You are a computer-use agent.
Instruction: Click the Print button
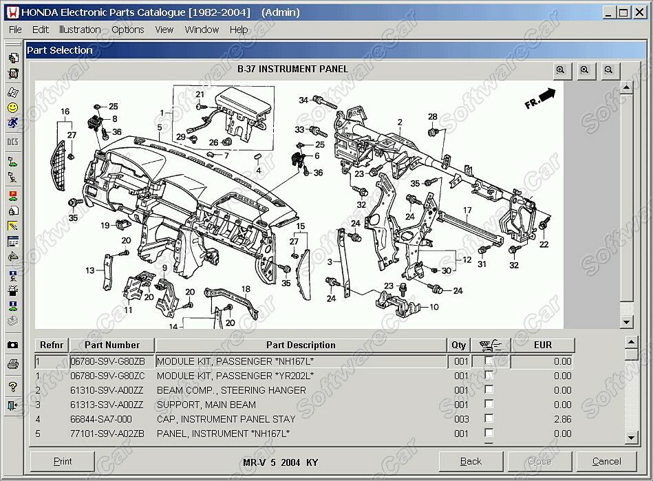(63, 462)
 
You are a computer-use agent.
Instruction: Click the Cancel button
(606, 462)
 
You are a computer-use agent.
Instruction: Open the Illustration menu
(80, 30)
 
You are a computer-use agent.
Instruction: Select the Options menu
(128, 30)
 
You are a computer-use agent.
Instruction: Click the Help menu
(239, 30)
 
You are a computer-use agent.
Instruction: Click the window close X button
(640, 12)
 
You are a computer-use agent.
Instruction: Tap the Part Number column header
(112, 345)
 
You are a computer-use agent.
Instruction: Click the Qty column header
(458, 345)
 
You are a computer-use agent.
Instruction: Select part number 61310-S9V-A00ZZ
(107, 390)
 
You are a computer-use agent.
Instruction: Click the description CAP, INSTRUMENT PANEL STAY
(226, 419)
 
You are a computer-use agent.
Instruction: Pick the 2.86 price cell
(563, 419)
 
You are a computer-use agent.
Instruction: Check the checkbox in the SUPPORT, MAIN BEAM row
(489, 404)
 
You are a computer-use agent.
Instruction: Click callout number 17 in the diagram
(467, 211)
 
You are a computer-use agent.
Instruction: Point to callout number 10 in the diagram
(434, 307)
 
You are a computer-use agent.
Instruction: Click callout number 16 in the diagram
(65, 111)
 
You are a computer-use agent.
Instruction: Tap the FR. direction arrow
(540, 98)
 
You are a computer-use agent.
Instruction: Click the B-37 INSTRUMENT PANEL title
(292, 69)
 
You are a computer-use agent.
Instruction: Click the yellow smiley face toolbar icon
(13, 108)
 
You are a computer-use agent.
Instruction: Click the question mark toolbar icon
(13, 387)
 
